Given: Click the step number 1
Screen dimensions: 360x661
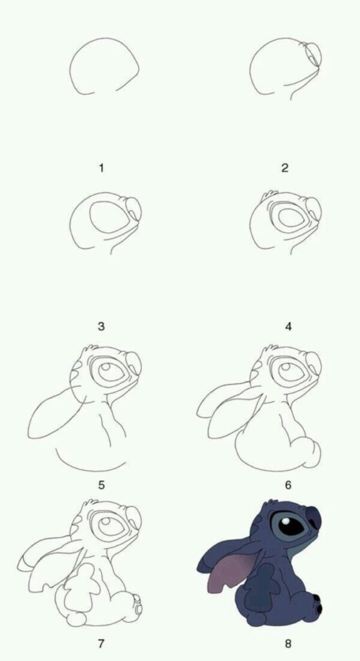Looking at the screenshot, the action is click(101, 168).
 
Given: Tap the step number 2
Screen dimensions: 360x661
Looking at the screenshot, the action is click(285, 168).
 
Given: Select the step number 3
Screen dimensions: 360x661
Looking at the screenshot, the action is click(101, 326).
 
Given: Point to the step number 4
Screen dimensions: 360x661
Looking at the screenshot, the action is click(288, 326).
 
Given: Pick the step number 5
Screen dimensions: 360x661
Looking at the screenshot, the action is click(101, 485).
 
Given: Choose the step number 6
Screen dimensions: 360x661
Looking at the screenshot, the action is click(288, 485).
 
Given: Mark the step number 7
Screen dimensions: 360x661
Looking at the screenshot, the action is click(101, 644).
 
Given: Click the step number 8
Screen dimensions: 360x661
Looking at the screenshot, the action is click(288, 644).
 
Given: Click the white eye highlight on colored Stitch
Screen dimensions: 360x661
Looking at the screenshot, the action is click(286, 522).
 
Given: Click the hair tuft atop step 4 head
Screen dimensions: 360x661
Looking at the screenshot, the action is click(270, 195).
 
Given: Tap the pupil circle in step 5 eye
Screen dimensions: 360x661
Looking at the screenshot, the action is click(106, 369).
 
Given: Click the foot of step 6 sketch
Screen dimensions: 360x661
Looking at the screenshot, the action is click(307, 453).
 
